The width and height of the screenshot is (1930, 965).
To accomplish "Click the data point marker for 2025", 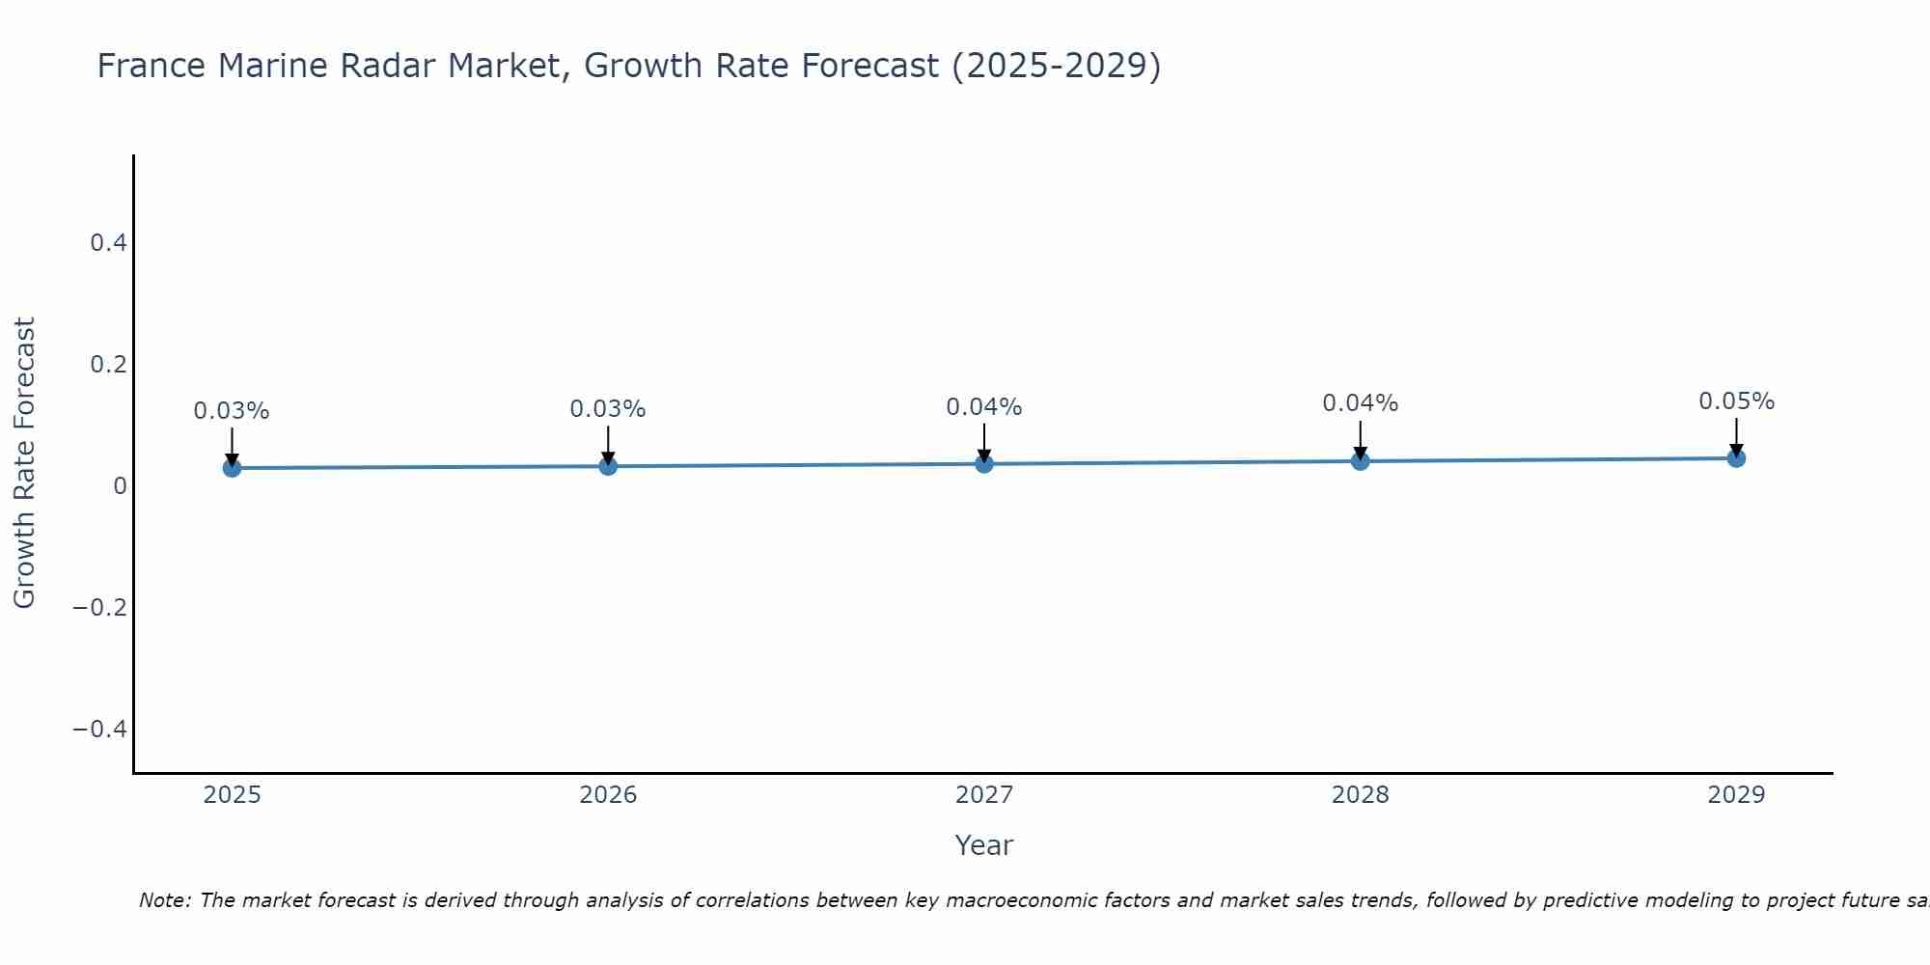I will (x=232, y=468).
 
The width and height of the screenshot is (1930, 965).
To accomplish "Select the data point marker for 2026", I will (x=608, y=466).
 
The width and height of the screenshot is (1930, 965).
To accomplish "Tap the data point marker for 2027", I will (x=984, y=464).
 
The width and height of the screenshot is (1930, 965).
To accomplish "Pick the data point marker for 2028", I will (x=1360, y=461).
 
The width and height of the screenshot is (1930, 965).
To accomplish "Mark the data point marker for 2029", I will (x=1736, y=458).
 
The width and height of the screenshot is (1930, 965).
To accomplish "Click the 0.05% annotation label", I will (x=1736, y=401).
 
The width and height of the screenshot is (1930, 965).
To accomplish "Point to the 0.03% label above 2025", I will (x=232, y=411).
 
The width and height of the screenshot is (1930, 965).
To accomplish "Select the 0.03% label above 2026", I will (x=608, y=409).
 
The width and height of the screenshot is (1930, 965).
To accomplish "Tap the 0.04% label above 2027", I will (x=984, y=407).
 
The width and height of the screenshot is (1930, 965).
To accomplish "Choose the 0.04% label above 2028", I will (x=1360, y=403).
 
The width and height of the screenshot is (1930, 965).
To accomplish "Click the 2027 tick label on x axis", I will (x=984, y=795).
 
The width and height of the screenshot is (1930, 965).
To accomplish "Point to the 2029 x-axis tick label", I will (x=1736, y=795).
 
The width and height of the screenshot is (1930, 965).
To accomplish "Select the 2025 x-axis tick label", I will (x=232, y=795).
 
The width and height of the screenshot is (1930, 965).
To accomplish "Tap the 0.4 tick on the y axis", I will (x=108, y=243).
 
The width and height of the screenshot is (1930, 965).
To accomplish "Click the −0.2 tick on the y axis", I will (x=99, y=607).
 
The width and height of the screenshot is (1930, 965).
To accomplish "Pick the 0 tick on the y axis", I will (x=120, y=486).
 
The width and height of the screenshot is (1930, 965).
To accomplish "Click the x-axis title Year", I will (x=984, y=846).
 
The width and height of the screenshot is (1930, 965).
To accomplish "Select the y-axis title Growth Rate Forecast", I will (x=24, y=463).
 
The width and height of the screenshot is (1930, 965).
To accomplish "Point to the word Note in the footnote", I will (x=164, y=901).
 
